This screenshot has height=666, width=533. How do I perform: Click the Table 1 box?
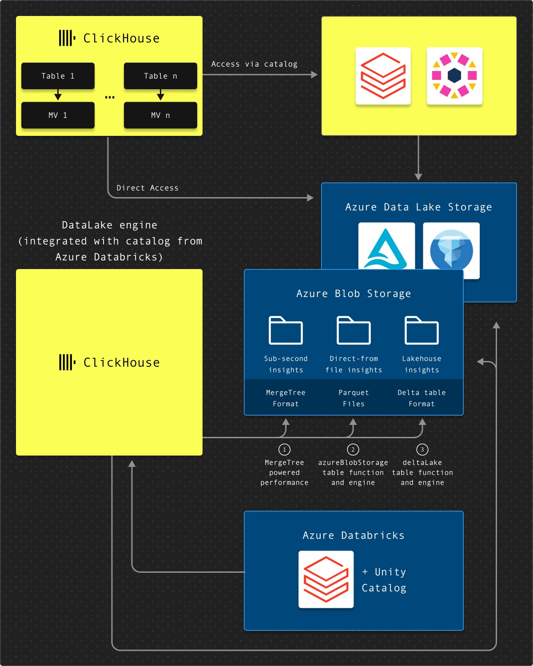click(58, 76)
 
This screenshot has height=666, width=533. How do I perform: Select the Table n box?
click(160, 76)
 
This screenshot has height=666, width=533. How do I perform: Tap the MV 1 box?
click(58, 115)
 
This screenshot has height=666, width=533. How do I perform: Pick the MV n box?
click(160, 115)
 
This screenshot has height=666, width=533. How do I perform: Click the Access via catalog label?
click(254, 64)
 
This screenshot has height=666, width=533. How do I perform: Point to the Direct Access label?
click(147, 188)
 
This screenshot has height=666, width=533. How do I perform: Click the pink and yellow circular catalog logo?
click(454, 75)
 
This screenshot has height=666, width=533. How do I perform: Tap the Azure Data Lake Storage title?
click(419, 207)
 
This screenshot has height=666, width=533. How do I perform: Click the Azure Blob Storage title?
click(354, 293)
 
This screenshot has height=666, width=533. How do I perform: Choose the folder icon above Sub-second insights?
click(286, 330)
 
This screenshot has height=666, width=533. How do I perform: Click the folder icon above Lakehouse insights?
click(422, 330)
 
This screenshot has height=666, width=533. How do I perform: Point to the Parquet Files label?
click(354, 398)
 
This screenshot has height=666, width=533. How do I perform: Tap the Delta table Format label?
click(422, 398)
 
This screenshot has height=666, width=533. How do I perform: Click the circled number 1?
click(284, 449)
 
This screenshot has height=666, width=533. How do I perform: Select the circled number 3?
click(422, 449)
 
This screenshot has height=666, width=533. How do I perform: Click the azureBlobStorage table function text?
click(353, 468)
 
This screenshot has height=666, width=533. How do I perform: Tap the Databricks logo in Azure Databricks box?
click(326, 579)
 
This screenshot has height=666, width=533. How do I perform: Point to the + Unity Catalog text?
click(384, 580)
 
